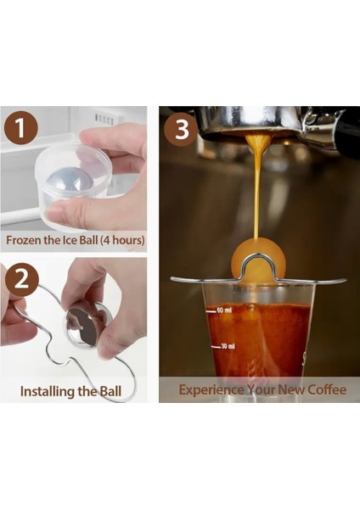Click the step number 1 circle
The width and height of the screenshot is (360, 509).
click(20, 128)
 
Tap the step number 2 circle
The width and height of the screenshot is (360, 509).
click(21, 279)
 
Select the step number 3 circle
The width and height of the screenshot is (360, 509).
click(181, 130)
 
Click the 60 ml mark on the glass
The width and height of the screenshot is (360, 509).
click(221, 310)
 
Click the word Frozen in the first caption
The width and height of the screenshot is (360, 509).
click(24, 240)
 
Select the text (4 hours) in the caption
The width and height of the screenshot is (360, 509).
click(122, 240)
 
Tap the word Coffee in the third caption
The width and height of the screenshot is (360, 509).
click(327, 389)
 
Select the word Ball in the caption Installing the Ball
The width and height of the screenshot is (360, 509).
click(110, 391)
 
